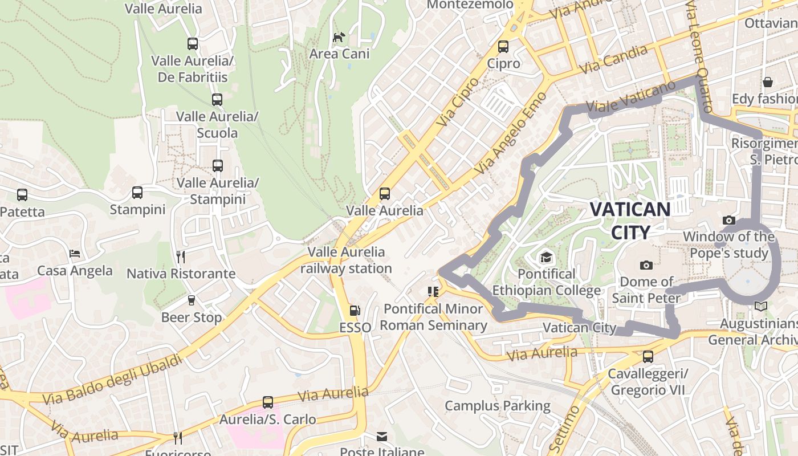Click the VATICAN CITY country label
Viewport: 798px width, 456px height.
tap(630, 221)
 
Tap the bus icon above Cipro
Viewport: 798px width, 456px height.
tap(503, 47)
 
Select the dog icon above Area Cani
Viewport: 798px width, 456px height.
tap(339, 38)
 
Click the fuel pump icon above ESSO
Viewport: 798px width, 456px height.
tap(355, 311)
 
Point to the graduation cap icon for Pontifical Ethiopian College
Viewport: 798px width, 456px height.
tap(546, 258)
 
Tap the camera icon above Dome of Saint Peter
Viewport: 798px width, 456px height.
tap(646, 265)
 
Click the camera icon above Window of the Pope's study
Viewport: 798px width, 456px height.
tap(728, 220)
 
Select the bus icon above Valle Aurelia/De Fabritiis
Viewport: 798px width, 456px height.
tap(193, 44)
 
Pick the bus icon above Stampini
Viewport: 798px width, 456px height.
tap(137, 193)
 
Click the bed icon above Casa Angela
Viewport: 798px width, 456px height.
tap(75, 254)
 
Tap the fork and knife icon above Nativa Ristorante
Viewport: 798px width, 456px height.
tap(181, 256)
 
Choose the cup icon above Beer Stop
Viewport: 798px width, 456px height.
tap(191, 300)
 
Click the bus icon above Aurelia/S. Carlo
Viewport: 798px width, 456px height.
tap(268, 402)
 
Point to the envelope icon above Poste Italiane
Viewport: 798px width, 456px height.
tap(382, 437)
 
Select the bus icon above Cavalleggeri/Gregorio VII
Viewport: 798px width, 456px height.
tap(648, 357)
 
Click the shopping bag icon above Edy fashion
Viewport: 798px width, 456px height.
tap(768, 82)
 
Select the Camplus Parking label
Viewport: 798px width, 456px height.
tap(497, 406)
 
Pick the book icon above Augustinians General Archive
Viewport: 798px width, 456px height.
tap(760, 307)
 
